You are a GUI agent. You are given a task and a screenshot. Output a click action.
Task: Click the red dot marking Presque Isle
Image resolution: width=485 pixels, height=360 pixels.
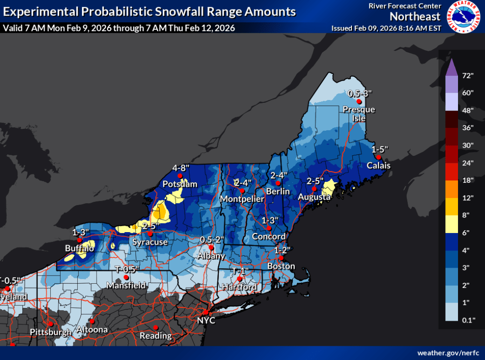(359, 101)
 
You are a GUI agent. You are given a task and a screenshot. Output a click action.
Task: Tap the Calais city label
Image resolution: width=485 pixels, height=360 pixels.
(378, 165)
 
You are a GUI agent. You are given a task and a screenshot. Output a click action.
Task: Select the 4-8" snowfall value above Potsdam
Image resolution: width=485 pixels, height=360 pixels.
(180, 168)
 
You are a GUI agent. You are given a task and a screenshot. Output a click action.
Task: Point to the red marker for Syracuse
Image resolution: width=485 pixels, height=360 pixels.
(150, 234)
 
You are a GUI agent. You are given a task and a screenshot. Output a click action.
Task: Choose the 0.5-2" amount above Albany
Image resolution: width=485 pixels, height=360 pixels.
(211, 239)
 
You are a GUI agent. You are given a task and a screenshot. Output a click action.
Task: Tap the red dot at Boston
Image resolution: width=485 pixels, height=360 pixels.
(281, 258)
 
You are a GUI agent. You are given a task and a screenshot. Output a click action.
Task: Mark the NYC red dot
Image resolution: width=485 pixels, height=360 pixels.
(206, 313)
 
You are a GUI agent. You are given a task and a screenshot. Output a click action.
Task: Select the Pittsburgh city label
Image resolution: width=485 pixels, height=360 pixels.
(50, 332)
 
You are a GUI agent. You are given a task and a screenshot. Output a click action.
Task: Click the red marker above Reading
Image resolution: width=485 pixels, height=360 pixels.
(155, 327)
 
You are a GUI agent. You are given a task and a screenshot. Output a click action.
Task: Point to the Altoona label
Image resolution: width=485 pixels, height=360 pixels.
(91, 330)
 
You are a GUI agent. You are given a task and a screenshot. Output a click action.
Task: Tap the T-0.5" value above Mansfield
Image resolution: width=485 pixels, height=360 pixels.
(127, 269)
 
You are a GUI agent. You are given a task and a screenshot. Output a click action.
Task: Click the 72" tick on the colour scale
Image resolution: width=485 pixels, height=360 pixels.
(468, 76)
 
